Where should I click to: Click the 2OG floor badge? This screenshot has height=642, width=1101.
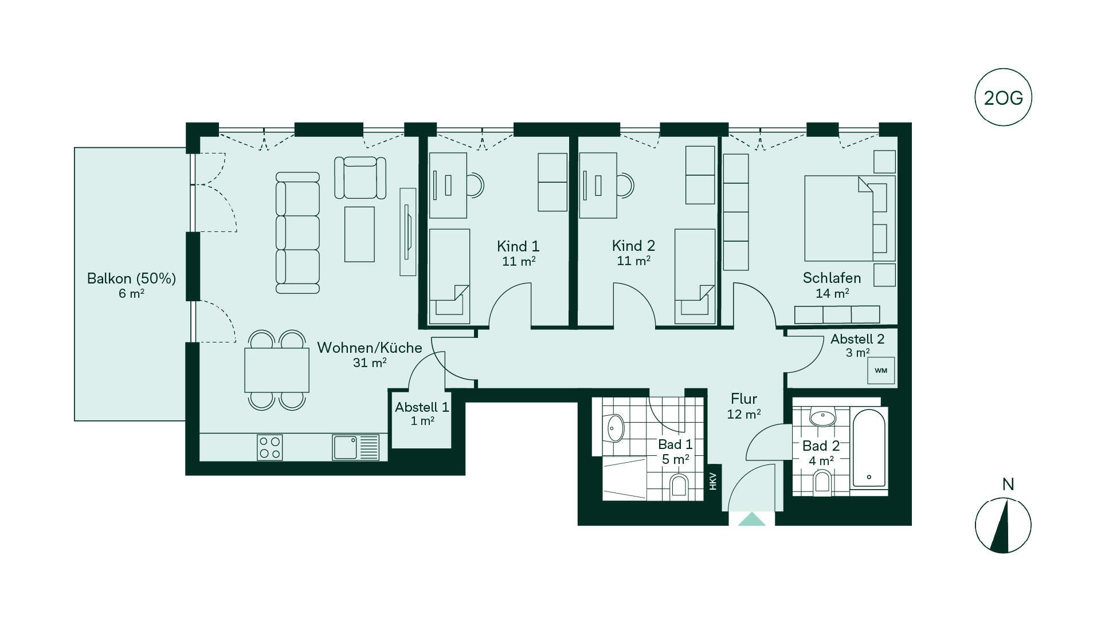(1003, 97)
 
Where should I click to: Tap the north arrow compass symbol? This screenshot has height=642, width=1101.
(1003, 525)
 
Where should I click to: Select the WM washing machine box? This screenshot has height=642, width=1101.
(881, 370)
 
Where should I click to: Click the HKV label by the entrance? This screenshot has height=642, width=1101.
(713, 481)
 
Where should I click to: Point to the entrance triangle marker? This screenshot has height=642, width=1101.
(752, 519)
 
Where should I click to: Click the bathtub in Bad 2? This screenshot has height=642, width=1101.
(869, 448)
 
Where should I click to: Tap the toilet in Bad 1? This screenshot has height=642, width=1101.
(679, 486)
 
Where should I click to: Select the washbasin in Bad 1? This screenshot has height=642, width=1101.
(614, 428)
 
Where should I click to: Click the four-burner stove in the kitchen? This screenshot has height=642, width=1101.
(269, 448)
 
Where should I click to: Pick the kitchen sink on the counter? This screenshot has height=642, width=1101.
(355, 447)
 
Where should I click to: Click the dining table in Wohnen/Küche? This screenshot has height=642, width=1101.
(277, 370)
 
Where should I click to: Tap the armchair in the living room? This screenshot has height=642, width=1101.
(360, 178)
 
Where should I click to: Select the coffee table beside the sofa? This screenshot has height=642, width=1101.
(359, 234)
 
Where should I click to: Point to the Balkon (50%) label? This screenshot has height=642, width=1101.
(131, 278)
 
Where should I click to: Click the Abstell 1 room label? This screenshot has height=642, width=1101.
(422, 407)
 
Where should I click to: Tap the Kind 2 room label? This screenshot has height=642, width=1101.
(633, 246)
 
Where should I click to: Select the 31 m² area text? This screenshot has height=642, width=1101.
(370, 363)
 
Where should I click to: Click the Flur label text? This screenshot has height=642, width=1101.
(744, 399)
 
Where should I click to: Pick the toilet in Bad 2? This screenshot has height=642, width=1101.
(822, 482)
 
